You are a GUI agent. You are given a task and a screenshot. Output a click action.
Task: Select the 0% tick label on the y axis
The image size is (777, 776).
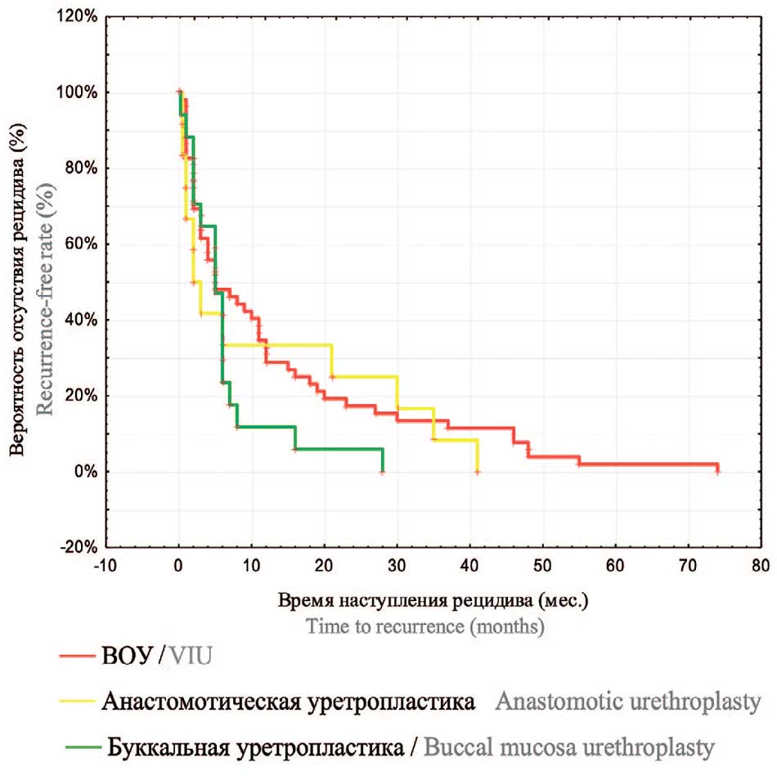(86, 472)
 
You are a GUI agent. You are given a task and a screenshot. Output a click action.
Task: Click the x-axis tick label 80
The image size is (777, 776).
(761, 564)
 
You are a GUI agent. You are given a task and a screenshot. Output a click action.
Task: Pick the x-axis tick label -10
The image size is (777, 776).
(106, 564)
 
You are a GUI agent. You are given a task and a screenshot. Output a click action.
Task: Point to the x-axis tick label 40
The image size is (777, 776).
(469, 564)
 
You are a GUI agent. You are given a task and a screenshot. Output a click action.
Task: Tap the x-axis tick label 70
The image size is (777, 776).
(688, 564)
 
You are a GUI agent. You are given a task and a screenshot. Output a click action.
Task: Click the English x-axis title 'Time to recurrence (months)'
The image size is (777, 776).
(425, 626)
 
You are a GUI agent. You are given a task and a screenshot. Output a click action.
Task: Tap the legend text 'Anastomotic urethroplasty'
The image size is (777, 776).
(627, 702)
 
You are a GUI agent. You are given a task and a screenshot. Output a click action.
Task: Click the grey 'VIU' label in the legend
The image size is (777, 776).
(194, 656)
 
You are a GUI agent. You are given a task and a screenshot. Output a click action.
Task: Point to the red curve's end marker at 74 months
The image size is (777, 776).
(717, 469)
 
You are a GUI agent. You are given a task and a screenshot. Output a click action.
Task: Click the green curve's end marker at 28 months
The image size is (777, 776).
(382, 472)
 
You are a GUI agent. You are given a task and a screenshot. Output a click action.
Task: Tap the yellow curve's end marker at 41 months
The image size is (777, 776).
(477, 472)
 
